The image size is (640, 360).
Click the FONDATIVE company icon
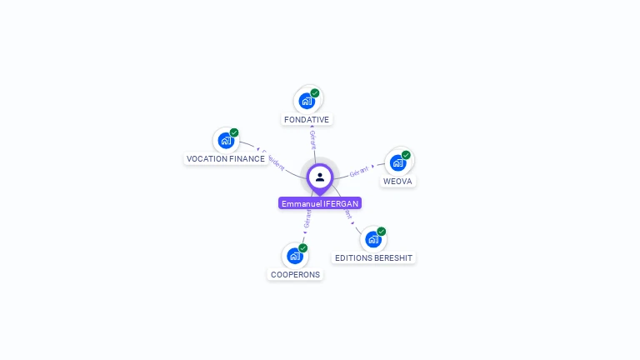[x=307, y=101]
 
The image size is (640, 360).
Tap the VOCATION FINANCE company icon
[x=226, y=141]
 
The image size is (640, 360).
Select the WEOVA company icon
[x=397, y=162]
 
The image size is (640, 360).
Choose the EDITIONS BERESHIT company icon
[x=373, y=240]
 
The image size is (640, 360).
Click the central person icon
[x=320, y=177]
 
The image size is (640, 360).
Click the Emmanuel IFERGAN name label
[x=320, y=203]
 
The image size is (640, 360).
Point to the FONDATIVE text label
[x=307, y=120]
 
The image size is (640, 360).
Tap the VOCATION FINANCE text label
[x=226, y=159]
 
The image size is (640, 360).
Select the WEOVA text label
[x=397, y=182]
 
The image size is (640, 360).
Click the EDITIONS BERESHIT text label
[x=373, y=258]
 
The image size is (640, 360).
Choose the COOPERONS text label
[x=295, y=275]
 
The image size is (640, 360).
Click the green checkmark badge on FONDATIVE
[x=315, y=93]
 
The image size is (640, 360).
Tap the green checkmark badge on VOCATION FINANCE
[x=234, y=132]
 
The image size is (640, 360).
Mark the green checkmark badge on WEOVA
[x=406, y=155]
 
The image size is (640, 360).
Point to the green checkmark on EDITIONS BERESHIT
[x=382, y=232]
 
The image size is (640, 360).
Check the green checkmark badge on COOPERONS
[x=303, y=248]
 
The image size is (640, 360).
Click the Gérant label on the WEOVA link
[x=359, y=170]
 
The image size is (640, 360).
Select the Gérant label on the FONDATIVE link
[x=312, y=139]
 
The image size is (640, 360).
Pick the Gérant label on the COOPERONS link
[x=307, y=219]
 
